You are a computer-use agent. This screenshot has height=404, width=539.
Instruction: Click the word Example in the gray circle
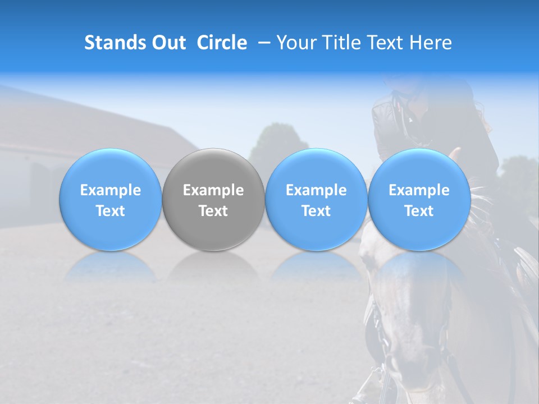pos(213,190)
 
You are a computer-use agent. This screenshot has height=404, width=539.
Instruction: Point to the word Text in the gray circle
pos(213,211)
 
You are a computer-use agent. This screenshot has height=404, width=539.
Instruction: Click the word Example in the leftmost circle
pos(110,190)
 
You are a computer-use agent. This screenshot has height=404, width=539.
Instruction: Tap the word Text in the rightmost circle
pos(419,211)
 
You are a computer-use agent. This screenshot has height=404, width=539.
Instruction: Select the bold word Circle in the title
pos(222,43)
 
